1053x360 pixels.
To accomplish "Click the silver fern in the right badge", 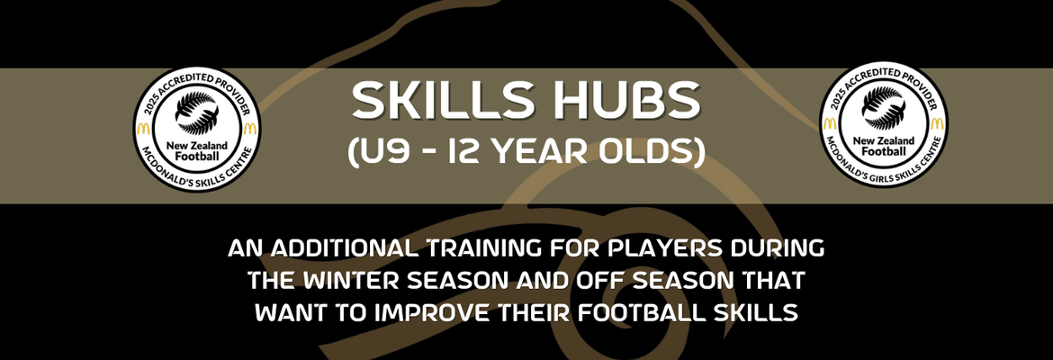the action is click(884, 108).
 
